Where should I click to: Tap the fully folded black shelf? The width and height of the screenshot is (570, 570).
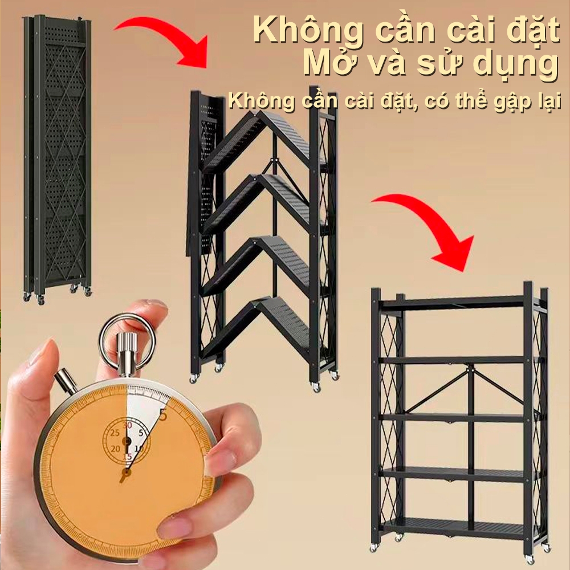57,159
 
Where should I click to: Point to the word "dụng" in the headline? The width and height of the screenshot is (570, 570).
519,65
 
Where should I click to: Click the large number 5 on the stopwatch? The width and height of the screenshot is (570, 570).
162,415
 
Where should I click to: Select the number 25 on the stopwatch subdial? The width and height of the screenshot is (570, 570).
115,433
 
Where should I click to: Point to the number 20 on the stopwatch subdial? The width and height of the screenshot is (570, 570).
116,449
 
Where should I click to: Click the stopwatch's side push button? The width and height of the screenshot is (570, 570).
66,380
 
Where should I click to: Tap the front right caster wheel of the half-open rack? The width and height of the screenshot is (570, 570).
316,388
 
